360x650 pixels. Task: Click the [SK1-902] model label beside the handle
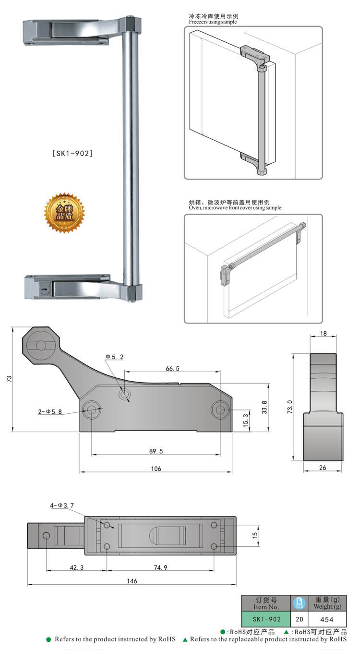(72, 154)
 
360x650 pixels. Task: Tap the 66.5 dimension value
(172, 369)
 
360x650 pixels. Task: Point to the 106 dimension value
(156, 469)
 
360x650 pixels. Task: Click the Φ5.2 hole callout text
(114, 357)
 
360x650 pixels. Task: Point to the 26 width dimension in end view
(323, 468)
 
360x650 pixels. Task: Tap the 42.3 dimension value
(77, 567)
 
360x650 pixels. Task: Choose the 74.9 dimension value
(160, 567)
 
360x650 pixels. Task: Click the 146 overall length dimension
(132, 581)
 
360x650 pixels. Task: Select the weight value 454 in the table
(326, 619)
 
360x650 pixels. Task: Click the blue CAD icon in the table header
(299, 603)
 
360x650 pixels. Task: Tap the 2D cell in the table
(299, 619)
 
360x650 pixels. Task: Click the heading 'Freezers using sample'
(213, 22)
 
